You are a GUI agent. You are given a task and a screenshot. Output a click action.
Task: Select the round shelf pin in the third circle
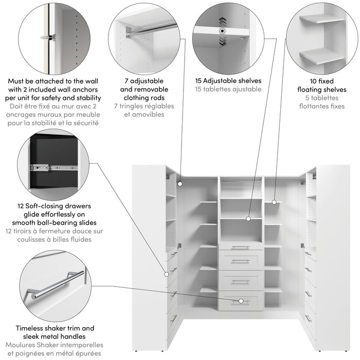222,31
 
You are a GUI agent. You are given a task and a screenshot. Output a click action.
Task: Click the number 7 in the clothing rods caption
127,81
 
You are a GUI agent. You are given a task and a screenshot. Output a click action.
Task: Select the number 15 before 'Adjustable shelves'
199,81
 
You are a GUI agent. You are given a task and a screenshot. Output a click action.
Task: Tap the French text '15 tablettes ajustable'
228,89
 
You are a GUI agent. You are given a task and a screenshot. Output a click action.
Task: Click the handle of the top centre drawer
240,247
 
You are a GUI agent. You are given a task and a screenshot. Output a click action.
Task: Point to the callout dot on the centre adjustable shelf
248,218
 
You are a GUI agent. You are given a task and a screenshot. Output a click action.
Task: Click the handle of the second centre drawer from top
240,261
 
